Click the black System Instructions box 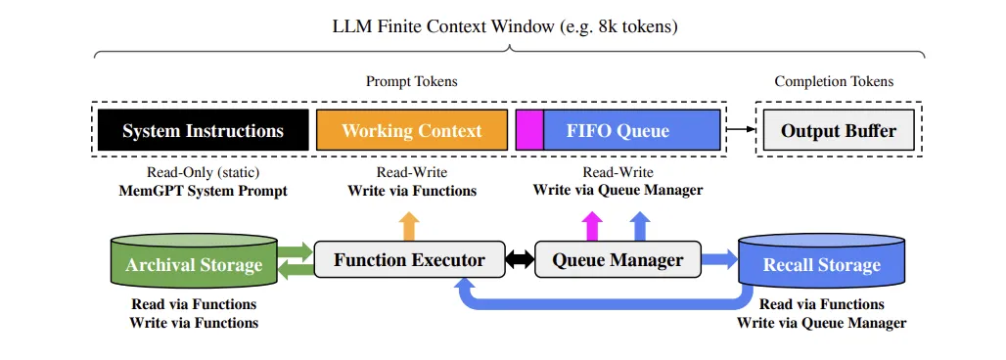(204, 130)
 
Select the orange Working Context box (411, 130)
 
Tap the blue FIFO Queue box (631, 130)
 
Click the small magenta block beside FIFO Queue (529, 130)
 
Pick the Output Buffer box (838, 130)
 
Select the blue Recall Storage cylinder (821, 263)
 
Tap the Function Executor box (409, 260)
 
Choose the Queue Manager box (617, 260)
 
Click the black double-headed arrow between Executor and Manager (520, 260)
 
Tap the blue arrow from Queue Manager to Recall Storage (718, 260)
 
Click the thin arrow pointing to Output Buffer (742, 129)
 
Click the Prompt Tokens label (411, 81)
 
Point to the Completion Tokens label (834, 81)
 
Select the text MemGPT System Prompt (204, 191)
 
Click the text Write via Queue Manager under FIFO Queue (617, 190)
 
